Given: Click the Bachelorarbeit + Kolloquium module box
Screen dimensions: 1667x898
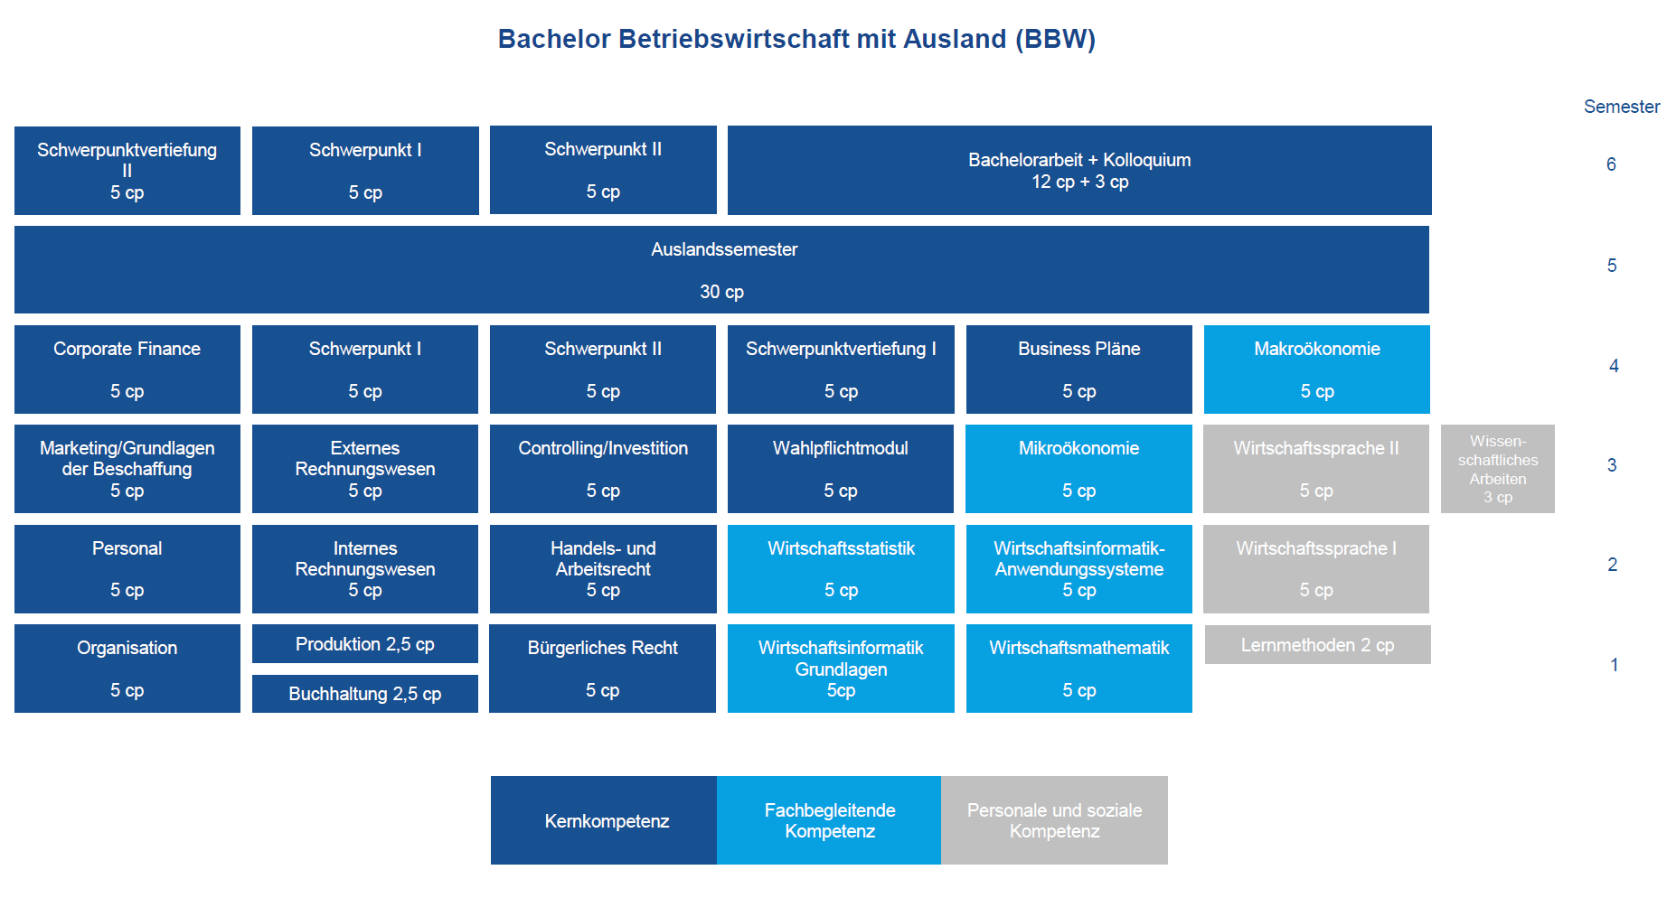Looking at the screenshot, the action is [x=1079, y=170].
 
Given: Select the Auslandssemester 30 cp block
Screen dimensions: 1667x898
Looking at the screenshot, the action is [x=721, y=269].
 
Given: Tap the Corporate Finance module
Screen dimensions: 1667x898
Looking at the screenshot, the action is [x=127, y=369].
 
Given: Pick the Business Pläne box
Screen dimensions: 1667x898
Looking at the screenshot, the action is [x=1079, y=369].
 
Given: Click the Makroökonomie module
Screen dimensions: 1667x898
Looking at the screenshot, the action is [x=1317, y=369].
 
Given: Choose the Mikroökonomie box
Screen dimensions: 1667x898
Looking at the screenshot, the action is [x=1079, y=469].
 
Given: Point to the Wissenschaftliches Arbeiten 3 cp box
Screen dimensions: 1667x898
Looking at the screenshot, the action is [x=1498, y=469].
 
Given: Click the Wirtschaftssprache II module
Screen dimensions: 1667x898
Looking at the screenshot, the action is [x=1316, y=469].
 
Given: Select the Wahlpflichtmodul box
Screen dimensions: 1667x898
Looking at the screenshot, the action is [x=841, y=469].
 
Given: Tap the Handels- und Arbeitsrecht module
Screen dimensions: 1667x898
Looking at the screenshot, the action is [x=603, y=569].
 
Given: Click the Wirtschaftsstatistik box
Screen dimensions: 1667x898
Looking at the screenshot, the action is [x=841, y=569].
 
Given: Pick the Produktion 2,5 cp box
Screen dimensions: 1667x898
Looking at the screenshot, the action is [x=365, y=644].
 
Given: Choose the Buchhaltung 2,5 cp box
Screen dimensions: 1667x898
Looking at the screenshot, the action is [x=365, y=694].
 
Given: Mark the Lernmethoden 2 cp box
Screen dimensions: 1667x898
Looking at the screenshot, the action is [x=1318, y=645].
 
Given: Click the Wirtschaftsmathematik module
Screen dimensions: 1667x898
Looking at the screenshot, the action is [x=1079, y=669].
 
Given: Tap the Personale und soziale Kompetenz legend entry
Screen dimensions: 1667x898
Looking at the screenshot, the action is [x=1054, y=820].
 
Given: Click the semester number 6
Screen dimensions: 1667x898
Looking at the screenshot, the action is [x=1611, y=164].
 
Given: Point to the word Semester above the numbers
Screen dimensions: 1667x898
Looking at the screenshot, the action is [x=1622, y=107].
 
